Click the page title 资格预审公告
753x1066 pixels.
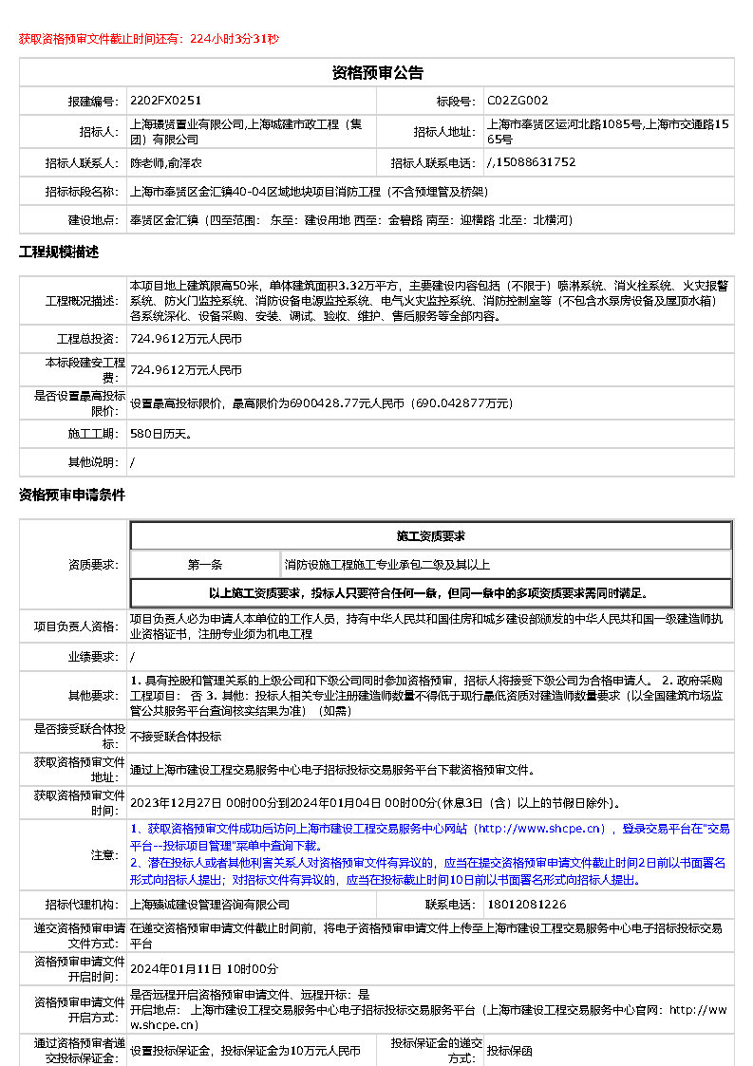click(377, 73)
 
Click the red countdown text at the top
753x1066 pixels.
click(149, 39)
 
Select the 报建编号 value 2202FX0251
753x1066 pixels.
click(166, 101)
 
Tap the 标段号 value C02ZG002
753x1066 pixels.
click(518, 101)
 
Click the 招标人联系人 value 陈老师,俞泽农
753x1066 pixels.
click(166, 162)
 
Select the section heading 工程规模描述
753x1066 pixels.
click(59, 252)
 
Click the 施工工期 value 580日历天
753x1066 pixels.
click(160, 434)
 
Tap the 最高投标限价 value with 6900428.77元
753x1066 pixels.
click(321, 402)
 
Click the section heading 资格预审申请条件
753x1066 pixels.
click(72, 496)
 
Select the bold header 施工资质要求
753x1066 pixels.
click(430, 536)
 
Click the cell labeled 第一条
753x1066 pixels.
click(205, 565)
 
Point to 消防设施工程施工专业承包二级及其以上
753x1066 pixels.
click(387, 565)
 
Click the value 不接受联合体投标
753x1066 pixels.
click(176, 736)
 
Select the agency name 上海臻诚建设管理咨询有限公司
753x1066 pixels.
click(210, 905)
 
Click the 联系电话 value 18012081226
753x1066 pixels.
click(526, 905)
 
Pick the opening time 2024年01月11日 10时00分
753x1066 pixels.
click(204, 968)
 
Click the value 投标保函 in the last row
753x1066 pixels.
click(510, 1051)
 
